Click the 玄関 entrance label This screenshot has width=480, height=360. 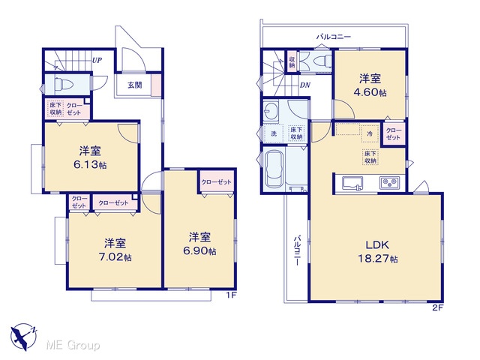(x=135, y=85)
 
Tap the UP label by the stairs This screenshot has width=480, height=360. (x=97, y=60)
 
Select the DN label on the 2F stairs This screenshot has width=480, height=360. (x=305, y=85)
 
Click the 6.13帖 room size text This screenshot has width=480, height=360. (x=90, y=165)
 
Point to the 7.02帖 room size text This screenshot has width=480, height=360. (x=115, y=257)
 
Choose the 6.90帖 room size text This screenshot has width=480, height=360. (x=199, y=251)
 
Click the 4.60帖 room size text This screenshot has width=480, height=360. (x=370, y=92)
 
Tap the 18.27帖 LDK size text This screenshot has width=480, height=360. (x=378, y=259)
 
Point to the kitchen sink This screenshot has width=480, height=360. (x=352, y=184)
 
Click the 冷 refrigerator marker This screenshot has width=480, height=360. (x=370, y=133)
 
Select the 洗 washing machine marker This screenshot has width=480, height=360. (x=274, y=133)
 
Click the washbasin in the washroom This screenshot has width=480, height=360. (x=271, y=109)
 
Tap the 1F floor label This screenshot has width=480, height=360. (x=232, y=295)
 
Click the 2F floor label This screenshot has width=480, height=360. (x=438, y=308)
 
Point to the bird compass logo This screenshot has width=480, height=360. (x=23, y=337)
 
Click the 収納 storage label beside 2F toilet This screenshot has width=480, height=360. (x=292, y=62)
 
